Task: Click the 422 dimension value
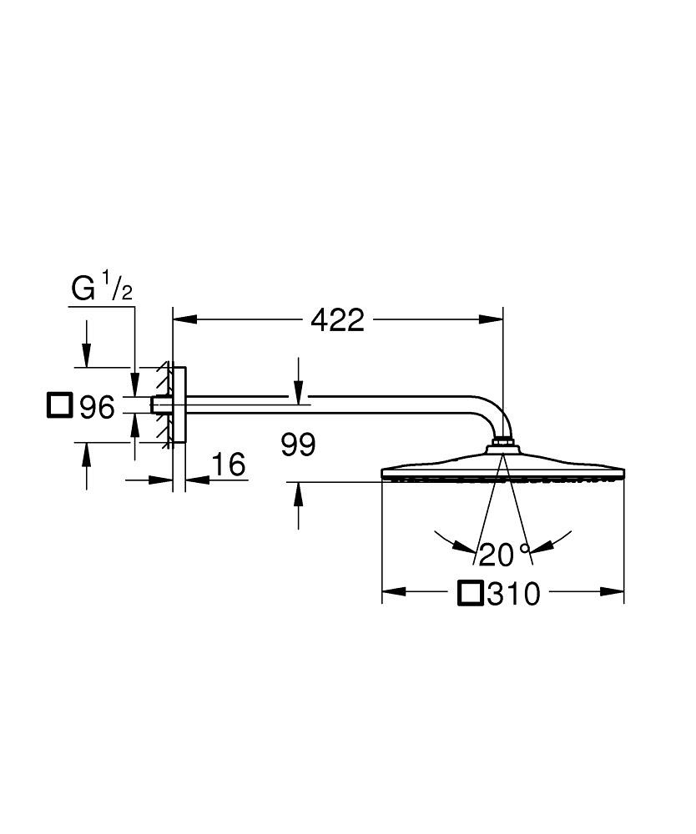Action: coord(338,319)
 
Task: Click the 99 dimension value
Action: coord(298,445)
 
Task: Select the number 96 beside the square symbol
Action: coord(96,408)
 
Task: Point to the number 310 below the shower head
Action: coord(514,595)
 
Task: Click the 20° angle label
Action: coord(504,554)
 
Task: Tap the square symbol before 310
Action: coord(471,593)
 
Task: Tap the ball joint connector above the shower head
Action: coord(502,442)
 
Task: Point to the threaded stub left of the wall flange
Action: coord(157,404)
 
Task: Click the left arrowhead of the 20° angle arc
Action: coord(463,547)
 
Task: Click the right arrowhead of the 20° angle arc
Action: coord(542,547)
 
